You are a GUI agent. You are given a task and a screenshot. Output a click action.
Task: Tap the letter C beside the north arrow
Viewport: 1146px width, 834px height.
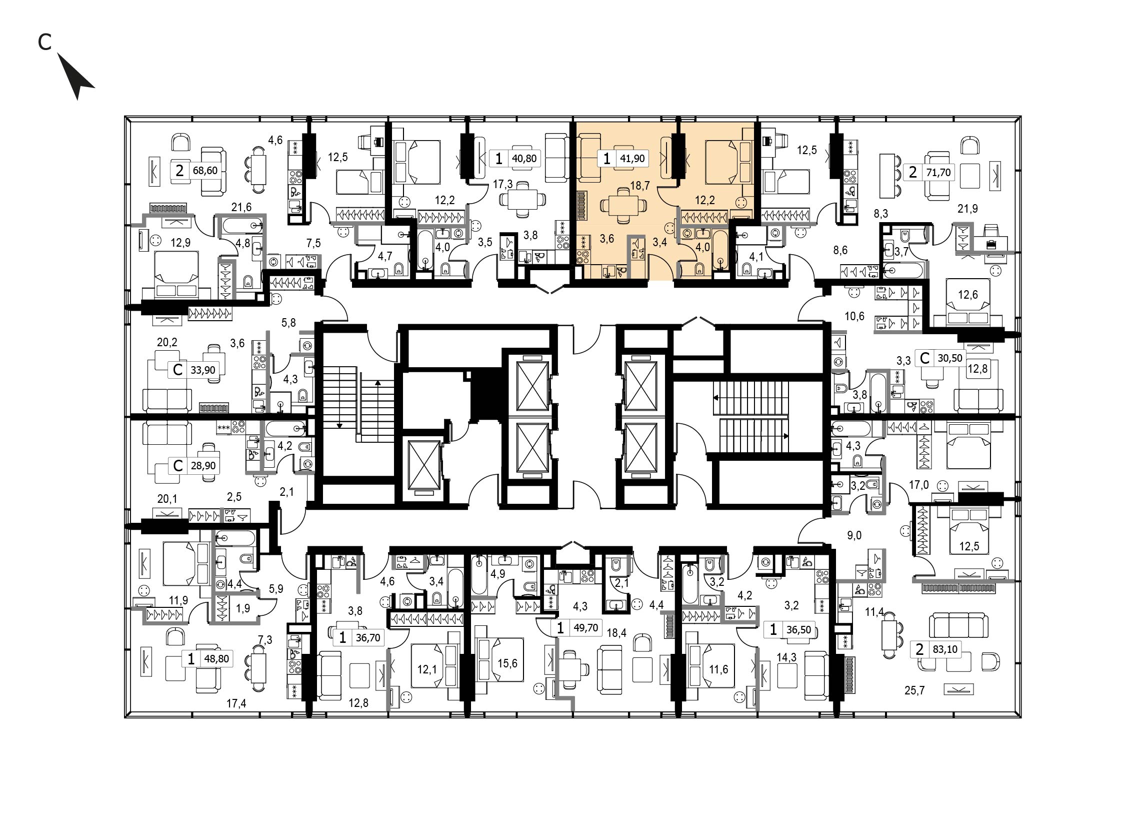click(44, 43)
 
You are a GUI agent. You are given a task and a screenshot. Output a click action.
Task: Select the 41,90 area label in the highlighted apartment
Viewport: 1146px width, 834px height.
click(632, 159)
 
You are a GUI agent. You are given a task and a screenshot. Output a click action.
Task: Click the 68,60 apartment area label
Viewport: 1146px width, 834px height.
click(205, 170)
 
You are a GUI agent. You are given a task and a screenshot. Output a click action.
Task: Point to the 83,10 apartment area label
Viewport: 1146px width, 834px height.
click(945, 649)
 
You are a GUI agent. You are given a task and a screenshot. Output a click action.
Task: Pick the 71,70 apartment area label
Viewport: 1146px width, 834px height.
click(938, 173)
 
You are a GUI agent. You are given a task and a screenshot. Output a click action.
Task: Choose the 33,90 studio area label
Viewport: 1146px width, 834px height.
click(203, 370)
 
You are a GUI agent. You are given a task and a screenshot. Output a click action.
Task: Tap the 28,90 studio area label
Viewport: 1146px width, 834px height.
click(203, 465)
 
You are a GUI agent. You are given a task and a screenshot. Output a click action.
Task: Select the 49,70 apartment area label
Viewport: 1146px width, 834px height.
click(586, 628)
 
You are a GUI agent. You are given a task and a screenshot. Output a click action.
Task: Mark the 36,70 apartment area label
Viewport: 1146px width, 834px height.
click(368, 638)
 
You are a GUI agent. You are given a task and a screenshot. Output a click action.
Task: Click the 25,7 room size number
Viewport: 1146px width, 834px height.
click(914, 690)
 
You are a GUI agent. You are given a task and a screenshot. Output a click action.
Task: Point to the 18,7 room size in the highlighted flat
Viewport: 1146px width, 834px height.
click(640, 186)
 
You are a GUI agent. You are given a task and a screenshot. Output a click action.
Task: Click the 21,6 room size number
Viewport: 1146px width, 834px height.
click(241, 207)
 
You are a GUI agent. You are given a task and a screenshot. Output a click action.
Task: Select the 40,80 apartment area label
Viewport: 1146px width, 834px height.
click(524, 159)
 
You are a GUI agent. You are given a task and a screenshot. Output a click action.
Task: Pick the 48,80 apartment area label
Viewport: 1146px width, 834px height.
click(216, 659)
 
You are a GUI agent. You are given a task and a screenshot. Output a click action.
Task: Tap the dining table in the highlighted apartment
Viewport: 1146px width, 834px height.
click(623, 206)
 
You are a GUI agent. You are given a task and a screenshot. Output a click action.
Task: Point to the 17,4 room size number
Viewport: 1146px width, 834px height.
click(236, 703)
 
